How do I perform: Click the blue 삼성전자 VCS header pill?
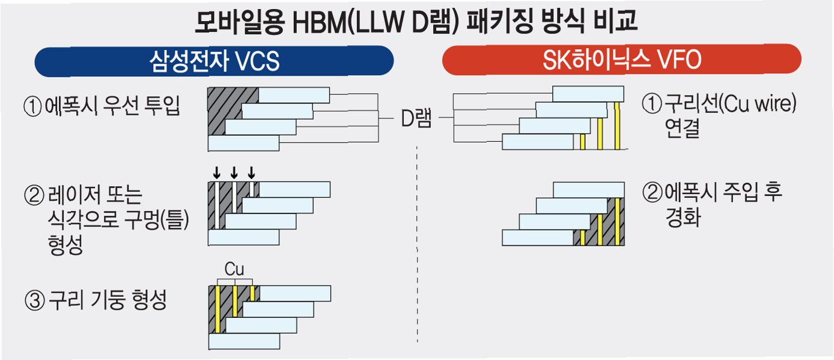click(215, 60)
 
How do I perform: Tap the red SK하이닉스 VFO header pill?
click(621, 60)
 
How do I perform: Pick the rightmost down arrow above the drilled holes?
click(252, 172)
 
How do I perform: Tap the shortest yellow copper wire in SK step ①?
click(582, 142)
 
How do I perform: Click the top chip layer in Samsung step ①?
click(294, 95)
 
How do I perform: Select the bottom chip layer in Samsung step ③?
click(243, 341)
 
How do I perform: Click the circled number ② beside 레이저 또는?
click(31, 194)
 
